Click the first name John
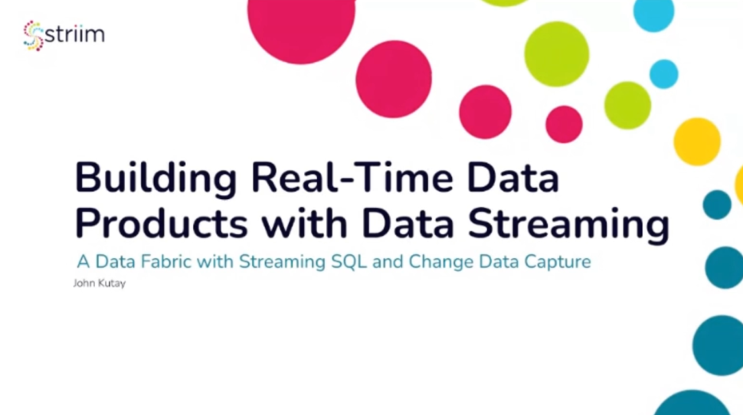[x=83, y=283]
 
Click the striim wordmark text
[x=74, y=35]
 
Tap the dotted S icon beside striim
[x=33, y=35]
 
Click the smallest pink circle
[x=564, y=124]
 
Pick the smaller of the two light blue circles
[x=663, y=74]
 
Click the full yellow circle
[x=696, y=142]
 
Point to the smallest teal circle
[x=717, y=204]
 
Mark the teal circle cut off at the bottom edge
[x=692, y=404]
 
